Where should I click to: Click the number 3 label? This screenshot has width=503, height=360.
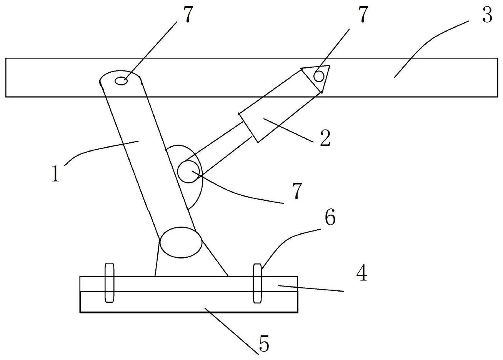pyautogui.click(x=487, y=15)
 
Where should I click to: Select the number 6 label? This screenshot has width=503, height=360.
pyautogui.click(x=330, y=218)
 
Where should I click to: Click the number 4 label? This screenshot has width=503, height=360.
pyautogui.click(x=361, y=274)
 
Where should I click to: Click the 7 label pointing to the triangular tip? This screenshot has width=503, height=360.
pyautogui.click(x=362, y=15)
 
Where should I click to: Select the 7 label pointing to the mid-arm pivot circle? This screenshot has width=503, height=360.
pyautogui.click(x=296, y=191)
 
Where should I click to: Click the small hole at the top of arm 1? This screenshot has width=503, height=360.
pyautogui.click(x=122, y=81)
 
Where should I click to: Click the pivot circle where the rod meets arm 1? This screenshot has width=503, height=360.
pyautogui.click(x=188, y=172)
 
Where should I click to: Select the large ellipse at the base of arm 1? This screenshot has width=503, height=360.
pyautogui.click(x=181, y=242)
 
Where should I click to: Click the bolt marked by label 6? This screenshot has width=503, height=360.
pyautogui.click(x=257, y=283)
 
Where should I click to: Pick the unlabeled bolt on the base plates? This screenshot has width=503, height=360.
pyautogui.click(x=110, y=283)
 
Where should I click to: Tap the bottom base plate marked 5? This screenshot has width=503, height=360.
pyautogui.click(x=188, y=302)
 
